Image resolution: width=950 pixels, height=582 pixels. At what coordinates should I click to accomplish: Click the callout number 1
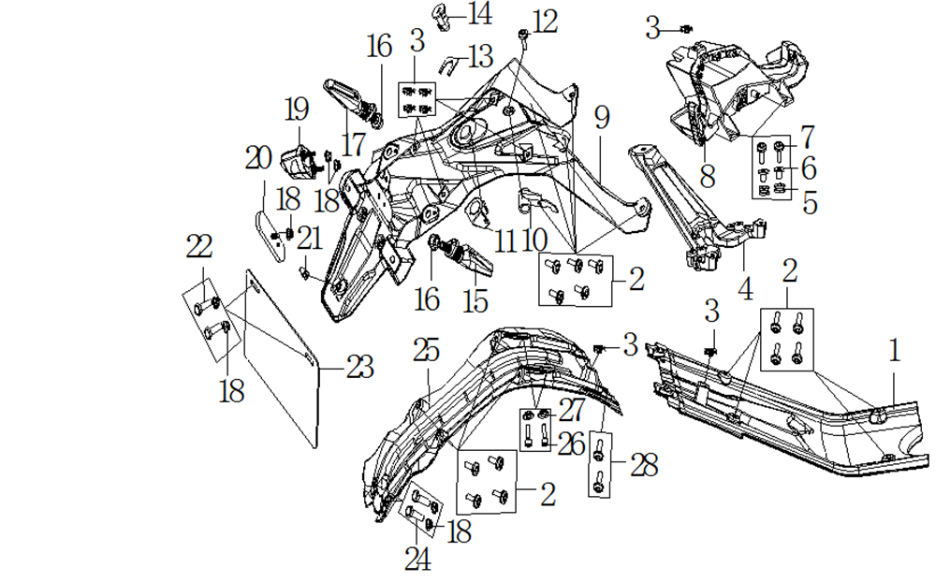point(895,353)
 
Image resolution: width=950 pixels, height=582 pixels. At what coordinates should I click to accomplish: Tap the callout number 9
point(601,118)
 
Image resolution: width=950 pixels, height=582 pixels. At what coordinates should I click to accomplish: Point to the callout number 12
point(545,21)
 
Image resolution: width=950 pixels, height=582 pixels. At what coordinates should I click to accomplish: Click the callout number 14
point(479,14)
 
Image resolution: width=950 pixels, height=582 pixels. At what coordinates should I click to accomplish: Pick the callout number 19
point(296,110)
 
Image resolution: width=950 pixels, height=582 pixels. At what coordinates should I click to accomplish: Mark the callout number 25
point(426,351)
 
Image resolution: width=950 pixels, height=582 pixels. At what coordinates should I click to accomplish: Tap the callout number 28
point(644,465)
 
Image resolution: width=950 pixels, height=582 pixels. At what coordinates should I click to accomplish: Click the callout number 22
point(199,247)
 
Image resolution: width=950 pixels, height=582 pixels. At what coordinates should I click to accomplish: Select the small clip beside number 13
point(449,64)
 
